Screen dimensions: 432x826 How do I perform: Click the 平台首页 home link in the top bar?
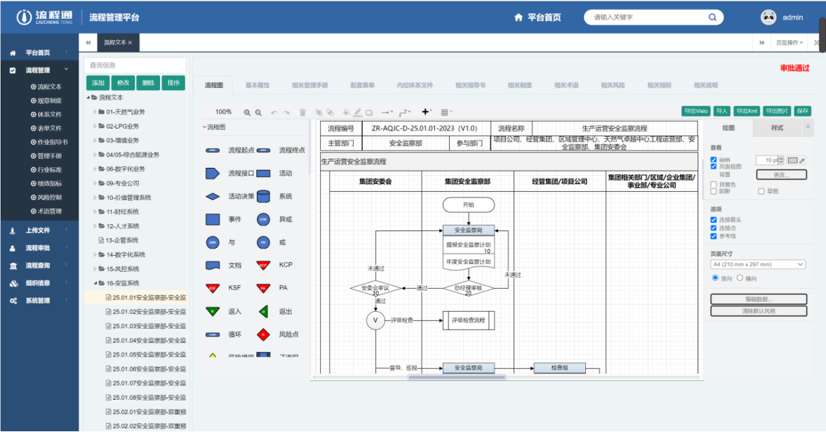click(x=538, y=18)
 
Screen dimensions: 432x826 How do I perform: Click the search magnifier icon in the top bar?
click(x=712, y=18)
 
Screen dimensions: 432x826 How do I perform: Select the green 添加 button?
click(x=98, y=83)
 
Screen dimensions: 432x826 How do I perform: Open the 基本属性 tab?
click(x=258, y=85)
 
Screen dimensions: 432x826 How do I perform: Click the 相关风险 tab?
click(x=613, y=85)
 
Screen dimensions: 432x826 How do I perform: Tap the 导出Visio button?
click(x=695, y=111)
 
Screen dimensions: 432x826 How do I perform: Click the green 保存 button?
click(x=803, y=111)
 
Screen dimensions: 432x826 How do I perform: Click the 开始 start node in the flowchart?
click(x=468, y=204)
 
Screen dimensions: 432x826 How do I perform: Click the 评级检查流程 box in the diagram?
click(x=468, y=320)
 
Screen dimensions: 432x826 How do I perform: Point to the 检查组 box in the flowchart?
click(x=559, y=368)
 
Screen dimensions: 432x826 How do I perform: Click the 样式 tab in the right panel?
click(x=777, y=128)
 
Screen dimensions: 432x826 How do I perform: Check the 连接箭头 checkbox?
click(x=714, y=220)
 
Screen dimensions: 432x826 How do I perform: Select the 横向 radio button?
click(x=740, y=278)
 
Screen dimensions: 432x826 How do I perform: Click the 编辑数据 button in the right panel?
click(x=759, y=299)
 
